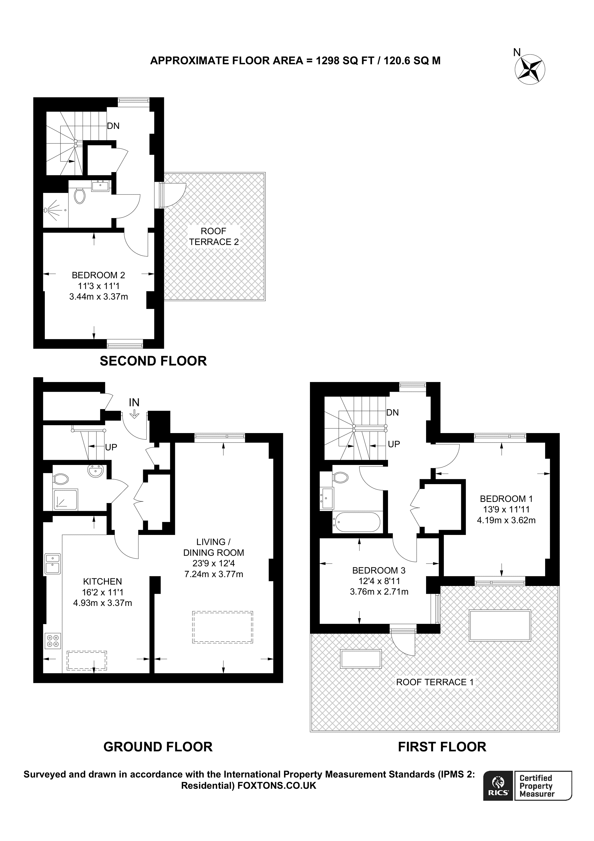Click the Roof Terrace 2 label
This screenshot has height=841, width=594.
click(214, 236)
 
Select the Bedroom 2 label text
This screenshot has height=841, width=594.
click(99, 275)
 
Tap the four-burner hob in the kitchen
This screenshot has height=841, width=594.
click(52, 641)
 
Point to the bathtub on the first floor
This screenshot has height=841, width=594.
click(356, 522)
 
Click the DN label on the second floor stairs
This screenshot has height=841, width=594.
click(113, 126)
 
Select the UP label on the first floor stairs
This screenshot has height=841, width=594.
click(394, 444)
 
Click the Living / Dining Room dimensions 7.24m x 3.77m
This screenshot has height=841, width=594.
click(214, 574)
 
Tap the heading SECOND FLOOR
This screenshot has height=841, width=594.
click(153, 361)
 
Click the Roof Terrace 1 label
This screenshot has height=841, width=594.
click(435, 682)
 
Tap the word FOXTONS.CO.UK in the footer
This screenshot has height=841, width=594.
click(277, 785)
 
